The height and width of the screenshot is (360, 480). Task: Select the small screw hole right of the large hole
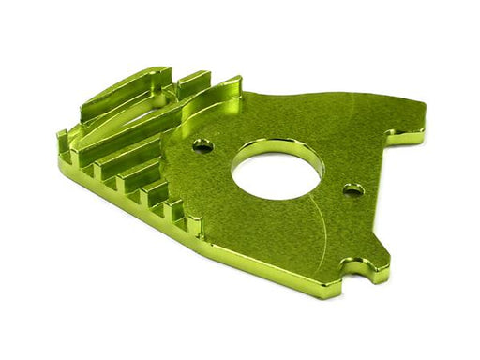[353, 190]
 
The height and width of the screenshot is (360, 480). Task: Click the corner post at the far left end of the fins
[65, 145]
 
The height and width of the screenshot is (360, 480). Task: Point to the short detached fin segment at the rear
[194, 81]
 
